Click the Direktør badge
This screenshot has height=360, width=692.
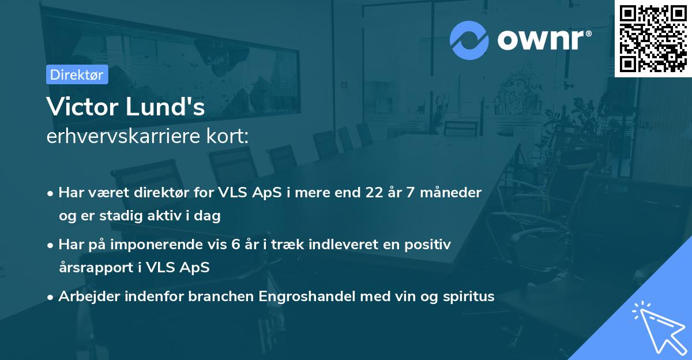(x=77, y=74)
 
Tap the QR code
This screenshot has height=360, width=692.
(x=653, y=39)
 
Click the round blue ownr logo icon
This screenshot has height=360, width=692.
(x=469, y=40)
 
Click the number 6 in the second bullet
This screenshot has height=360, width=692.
(x=236, y=245)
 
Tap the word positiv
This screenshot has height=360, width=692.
(x=430, y=245)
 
